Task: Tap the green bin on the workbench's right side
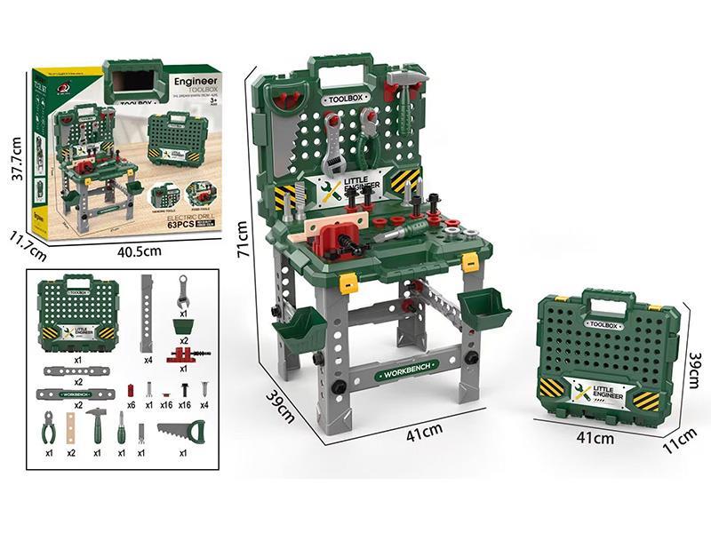point(484,307)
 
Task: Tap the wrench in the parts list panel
point(183,290)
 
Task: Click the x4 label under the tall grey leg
point(148,360)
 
